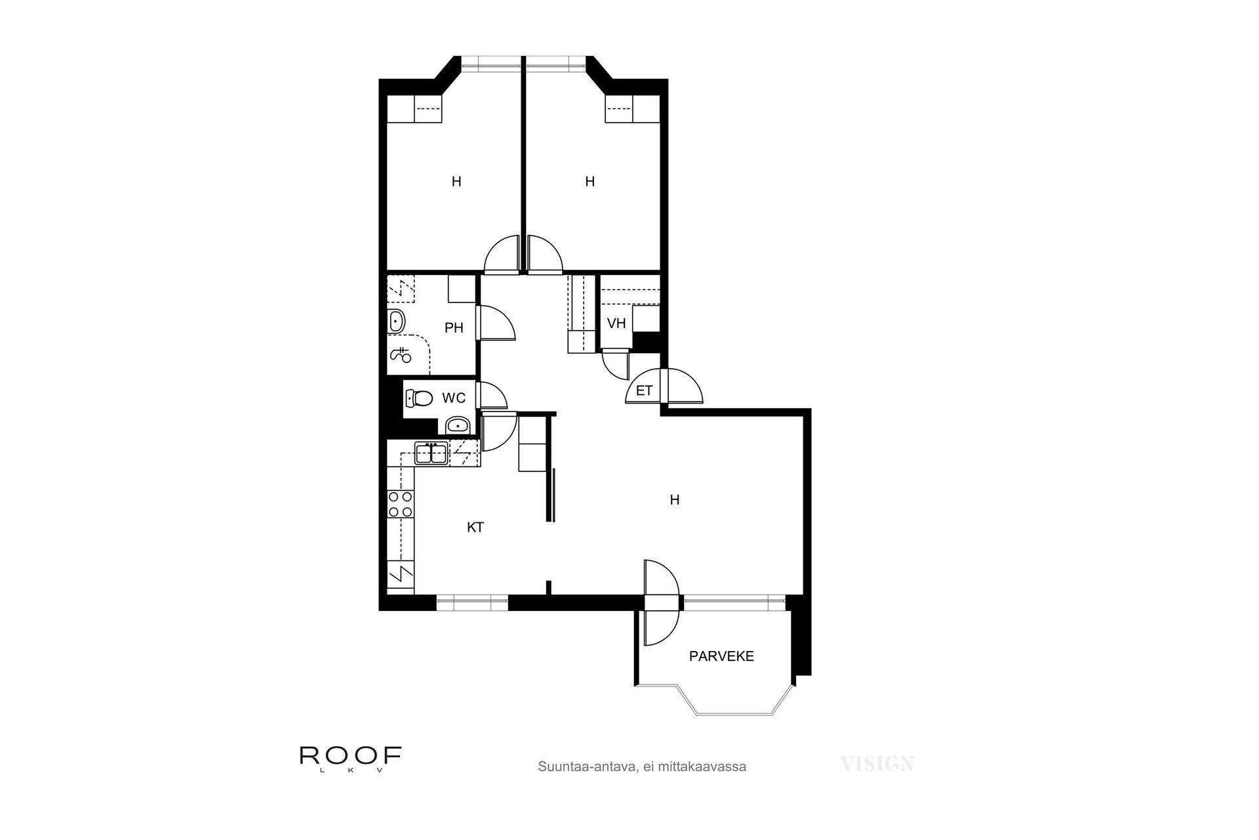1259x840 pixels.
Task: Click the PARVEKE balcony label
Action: click(x=721, y=656)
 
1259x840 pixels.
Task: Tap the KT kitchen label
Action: click(x=475, y=527)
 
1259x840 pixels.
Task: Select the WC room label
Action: click(x=454, y=398)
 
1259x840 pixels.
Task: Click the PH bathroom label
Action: click(x=454, y=327)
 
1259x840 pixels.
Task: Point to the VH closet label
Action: click(x=616, y=324)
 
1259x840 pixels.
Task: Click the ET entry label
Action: click(x=645, y=391)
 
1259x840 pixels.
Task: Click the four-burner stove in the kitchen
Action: click(x=400, y=504)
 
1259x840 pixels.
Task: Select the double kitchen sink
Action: click(x=431, y=453)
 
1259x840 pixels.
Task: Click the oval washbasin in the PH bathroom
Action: click(x=397, y=322)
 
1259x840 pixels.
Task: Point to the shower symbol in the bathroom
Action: click(x=401, y=355)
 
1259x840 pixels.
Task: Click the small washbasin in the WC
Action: click(x=457, y=427)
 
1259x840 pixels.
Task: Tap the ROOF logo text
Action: click(x=350, y=755)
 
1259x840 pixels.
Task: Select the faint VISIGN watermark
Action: click(x=877, y=763)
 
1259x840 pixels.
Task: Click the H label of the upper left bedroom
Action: click(x=456, y=182)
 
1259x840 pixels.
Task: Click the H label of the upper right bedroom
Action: click(x=590, y=182)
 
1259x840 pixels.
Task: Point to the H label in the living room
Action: click(x=674, y=500)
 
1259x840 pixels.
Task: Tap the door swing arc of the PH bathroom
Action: click(x=504, y=322)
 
